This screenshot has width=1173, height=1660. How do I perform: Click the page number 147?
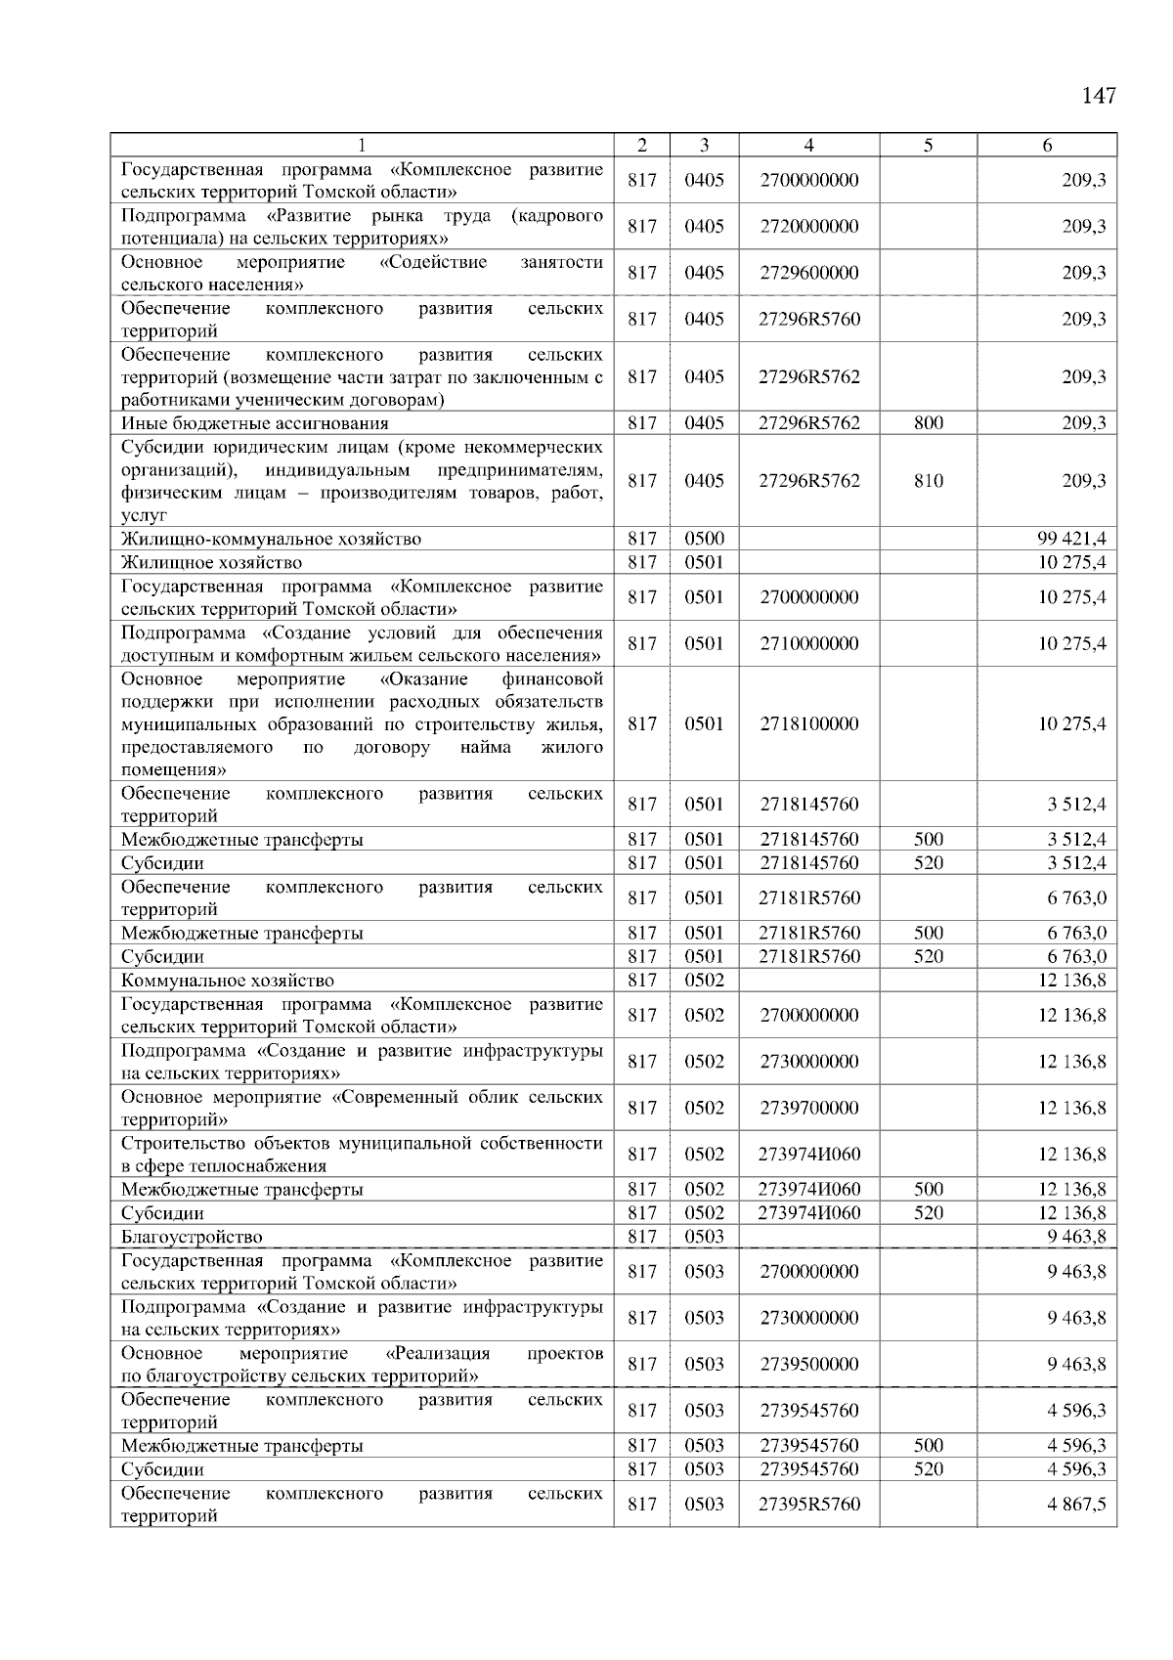pyautogui.click(x=1099, y=96)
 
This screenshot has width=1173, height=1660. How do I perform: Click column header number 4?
pyautogui.click(x=808, y=146)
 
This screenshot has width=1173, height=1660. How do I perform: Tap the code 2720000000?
pyautogui.click(x=808, y=227)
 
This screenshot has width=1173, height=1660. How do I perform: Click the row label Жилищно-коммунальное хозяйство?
pyautogui.click(x=271, y=539)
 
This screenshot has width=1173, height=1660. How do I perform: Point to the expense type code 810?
pyautogui.click(x=928, y=481)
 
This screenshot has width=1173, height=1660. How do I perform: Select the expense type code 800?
pyautogui.click(x=928, y=423)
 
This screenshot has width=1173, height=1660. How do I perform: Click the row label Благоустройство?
pyautogui.click(x=192, y=1237)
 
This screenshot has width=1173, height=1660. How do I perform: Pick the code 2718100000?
pyautogui.click(x=808, y=724)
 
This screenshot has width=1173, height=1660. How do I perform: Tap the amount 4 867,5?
pyautogui.click(x=1076, y=1505)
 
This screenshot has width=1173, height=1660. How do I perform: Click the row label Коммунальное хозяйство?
pyautogui.click(x=227, y=981)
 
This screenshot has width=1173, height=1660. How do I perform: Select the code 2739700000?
pyautogui.click(x=808, y=1109)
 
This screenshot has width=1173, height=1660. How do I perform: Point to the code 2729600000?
pyautogui.click(x=808, y=273)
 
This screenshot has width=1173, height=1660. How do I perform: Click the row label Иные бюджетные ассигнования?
pyautogui.click(x=254, y=423)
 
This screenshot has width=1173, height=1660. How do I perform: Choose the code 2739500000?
pyautogui.click(x=808, y=1365)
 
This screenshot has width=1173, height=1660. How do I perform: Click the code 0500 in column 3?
pyautogui.click(x=704, y=539)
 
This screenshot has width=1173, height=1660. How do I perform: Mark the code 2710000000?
pyautogui.click(x=808, y=644)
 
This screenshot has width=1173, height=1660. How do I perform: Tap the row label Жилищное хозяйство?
pyautogui.click(x=211, y=562)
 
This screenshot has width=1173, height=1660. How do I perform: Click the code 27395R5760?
pyautogui.click(x=808, y=1505)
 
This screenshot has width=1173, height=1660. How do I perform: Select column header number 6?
pyautogui.click(x=1047, y=146)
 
